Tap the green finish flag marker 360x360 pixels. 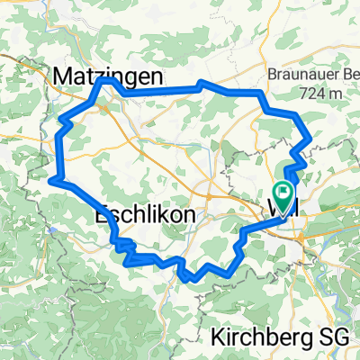tap(283, 192)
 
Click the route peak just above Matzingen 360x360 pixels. tap(107, 80)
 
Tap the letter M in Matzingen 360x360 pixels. tap(64, 75)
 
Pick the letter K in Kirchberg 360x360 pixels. tap(218, 337)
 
